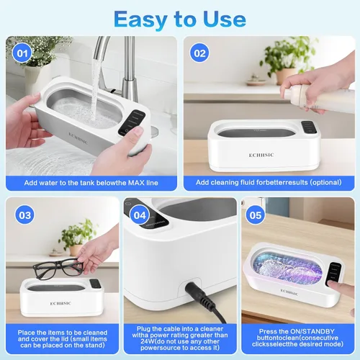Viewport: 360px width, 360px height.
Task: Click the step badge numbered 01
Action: coord(22,53)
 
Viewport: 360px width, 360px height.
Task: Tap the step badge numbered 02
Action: coord(199,53)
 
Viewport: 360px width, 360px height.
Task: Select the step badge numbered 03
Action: coord(25,215)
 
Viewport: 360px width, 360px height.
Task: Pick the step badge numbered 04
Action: coord(140,215)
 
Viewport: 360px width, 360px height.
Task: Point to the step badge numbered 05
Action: coord(256,215)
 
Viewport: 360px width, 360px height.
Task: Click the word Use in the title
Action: coord(225,19)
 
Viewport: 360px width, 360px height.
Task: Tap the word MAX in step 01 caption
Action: coord(136,183)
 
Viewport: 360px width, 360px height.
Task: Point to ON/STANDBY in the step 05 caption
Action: coord(312,331)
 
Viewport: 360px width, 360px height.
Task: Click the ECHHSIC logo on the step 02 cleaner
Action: coord(261,155)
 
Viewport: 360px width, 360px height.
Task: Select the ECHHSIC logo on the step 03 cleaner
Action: coord(60,303)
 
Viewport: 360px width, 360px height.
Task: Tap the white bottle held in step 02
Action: coord(319,99)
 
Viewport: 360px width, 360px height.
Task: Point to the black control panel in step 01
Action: coord(132,122)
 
